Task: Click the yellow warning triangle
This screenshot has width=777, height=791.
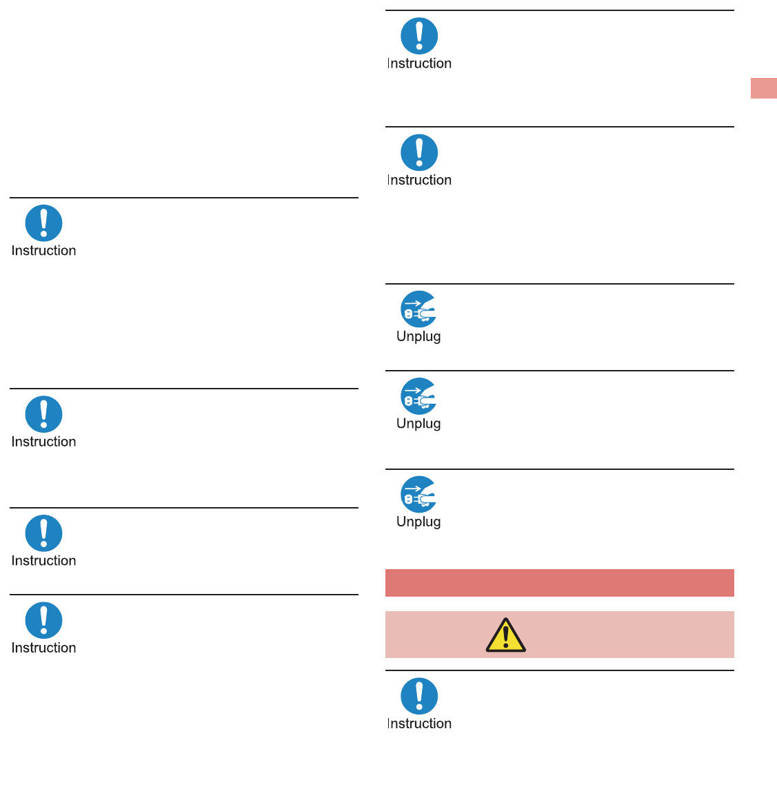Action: (x=505, y=635)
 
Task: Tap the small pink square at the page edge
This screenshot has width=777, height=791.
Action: (x=763, y=88)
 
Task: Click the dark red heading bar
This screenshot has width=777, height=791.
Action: (x=559, y=583)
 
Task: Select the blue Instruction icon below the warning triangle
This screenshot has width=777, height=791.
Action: (x=419, y=696)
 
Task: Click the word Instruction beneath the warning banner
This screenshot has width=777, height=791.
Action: (x=419, y=723)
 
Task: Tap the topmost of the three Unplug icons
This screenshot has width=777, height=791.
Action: (x=419, y=309)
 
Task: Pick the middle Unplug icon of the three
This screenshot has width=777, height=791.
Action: (x=419, y=396)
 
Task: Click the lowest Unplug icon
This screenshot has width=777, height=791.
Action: (x=419, y=495)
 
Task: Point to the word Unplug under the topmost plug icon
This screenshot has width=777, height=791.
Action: (x=418, y=337)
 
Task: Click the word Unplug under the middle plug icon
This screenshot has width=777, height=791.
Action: (x=418, y=424)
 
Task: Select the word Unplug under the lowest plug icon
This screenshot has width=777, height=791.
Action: (x=418, y=522)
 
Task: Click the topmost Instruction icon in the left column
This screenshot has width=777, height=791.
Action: (x=43, y=223)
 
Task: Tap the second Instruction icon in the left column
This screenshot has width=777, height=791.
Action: (x=43, y=414)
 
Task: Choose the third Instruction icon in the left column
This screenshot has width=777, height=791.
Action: (x=43, y=533)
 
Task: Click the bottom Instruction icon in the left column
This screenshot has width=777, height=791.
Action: (x=43, y=620)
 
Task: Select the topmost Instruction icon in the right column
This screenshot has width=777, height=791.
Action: (x=419, y=36)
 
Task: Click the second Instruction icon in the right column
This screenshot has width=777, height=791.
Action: (x=419, y=152)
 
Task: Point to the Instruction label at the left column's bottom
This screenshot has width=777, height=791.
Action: (x=43, y=648)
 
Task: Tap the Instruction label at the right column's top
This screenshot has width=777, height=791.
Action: (x=419, y=63)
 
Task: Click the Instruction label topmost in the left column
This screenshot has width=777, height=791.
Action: (x=43, y=251)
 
